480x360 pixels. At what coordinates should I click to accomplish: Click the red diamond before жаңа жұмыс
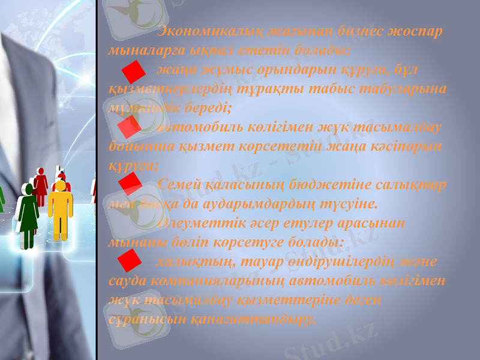pyautogui.click(x=133, y=71)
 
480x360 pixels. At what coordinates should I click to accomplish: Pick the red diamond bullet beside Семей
pyautogui.click(x=130, y=184)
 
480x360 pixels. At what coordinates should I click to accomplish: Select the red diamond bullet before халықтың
pyautogui.click(x=130, y=260)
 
